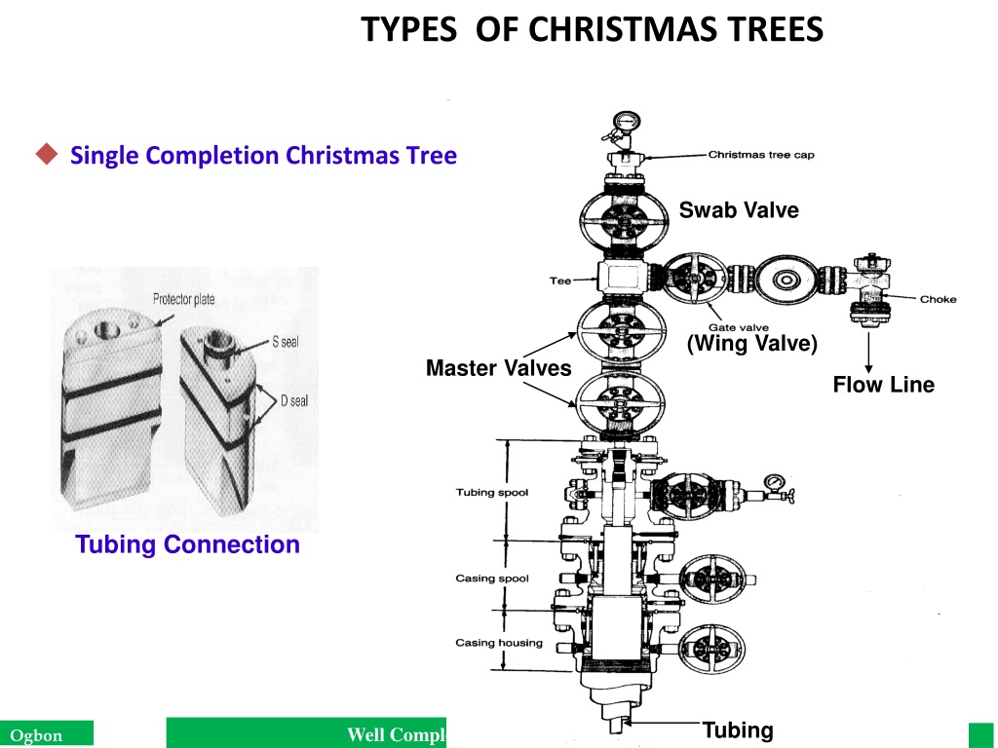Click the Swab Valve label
(739, 210)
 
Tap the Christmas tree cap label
(761, 155)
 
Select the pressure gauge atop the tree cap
(627, 121)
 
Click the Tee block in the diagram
(623, 279)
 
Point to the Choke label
(938, 299)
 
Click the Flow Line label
(883, 384)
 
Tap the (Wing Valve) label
(752, 344)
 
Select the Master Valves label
(498, 367)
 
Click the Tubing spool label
(492, 492)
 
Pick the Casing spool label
(492, 579)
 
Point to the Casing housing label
(499, 643)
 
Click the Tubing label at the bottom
(738, 729)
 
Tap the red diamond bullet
(47, 154)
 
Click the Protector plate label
(183, 299)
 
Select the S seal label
(286, 342)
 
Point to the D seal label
(294, 400)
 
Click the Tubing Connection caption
(187, 544)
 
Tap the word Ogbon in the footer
(36, 736)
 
